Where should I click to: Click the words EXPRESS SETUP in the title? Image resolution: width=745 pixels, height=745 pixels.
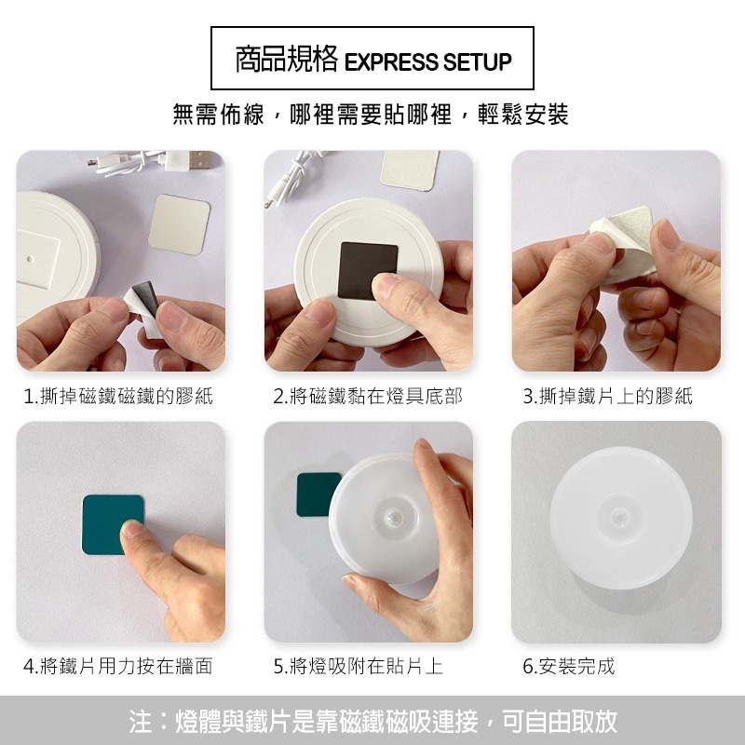click(x=427, y=61)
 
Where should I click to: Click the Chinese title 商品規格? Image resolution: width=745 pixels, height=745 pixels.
click(x=287, y=60)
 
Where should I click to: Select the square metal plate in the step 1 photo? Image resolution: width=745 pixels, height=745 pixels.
click(x=179, y=224)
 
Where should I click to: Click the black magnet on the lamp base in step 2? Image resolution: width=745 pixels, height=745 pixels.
click(x=368, y=271)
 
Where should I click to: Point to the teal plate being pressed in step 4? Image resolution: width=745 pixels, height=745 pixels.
click(x=113, y=524)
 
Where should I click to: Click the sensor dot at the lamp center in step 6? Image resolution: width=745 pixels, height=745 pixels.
click(x=618, y=517)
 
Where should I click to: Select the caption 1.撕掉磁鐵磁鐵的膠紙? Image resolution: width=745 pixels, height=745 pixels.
click(x=118, y=396)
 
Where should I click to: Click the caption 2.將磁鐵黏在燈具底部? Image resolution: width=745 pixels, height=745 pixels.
click(x=367, y=396)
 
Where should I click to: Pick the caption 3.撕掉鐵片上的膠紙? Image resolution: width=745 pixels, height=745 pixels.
click(x=608, y=396)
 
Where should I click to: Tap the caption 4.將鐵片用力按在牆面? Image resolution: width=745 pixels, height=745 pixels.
click(x=118, y=666)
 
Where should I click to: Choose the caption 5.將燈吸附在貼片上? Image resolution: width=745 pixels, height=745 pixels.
click(x=359, y=666)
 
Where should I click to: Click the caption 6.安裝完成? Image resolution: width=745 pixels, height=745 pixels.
click(x=569, y=666)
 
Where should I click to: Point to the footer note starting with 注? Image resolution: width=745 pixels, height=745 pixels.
click(x=373, y=721)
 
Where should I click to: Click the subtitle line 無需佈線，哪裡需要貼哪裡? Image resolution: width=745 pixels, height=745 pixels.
click(x=312, y=115)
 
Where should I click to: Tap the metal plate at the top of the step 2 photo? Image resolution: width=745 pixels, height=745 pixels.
click(x=410, y=170)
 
